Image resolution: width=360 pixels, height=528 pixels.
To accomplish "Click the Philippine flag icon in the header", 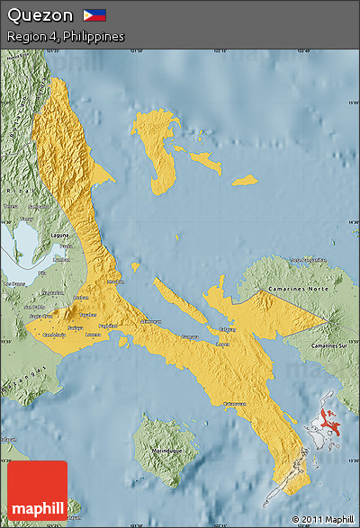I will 94,15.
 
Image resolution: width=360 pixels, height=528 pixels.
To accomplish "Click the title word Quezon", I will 40,15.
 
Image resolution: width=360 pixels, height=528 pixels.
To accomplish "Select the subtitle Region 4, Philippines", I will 65,36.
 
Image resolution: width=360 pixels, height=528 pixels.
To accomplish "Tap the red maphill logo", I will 37,490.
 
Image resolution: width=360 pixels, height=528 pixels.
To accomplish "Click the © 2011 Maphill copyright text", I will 322,519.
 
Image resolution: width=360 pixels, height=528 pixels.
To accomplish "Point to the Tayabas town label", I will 87,315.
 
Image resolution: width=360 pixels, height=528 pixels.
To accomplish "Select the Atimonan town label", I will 151,321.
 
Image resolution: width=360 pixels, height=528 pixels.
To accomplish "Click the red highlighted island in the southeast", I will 332,417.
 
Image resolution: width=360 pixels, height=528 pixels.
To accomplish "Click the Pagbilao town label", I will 108,325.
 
